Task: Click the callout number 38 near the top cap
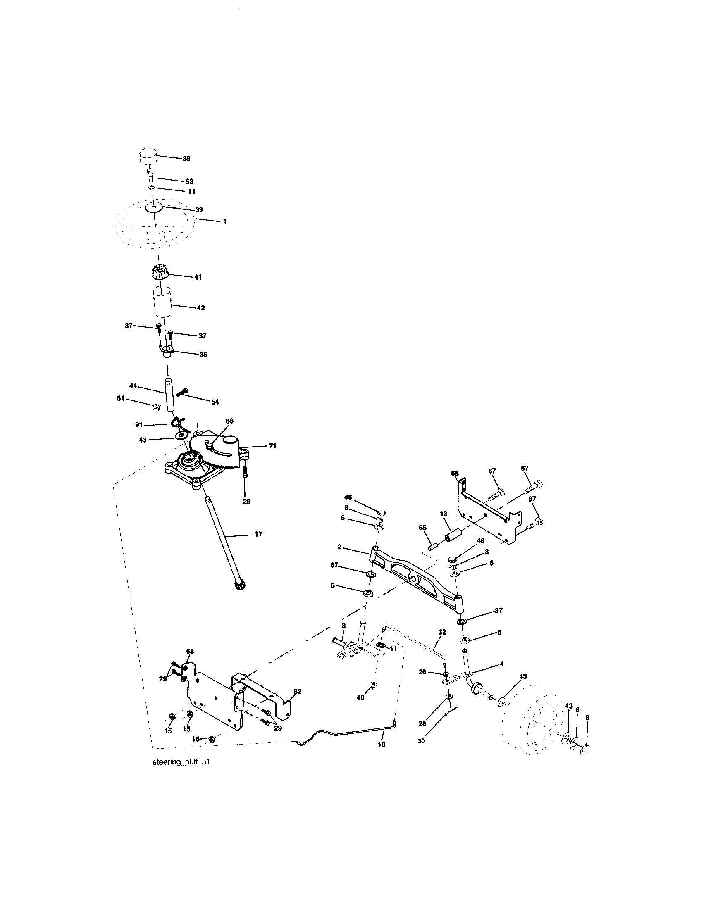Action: [x=186, y=159]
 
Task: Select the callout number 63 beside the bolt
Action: [x=189, y=181]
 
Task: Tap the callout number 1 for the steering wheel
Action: [x=225, y=221]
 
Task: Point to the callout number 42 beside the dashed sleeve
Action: [x=200, y=308]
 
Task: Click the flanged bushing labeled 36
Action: [x=166, y=349]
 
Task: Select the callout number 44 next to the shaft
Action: [x=133, y=386]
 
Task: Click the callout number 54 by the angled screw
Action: [x=215, y=402]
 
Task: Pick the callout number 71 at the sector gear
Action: [x=272, y=446]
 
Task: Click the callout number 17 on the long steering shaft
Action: [x=258, y=534]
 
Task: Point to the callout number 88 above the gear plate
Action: [x=229, y=421]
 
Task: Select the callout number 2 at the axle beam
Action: [x=340, y=547]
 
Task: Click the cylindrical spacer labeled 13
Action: [x=454, y=535]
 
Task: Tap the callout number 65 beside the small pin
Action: [x=423, y=527]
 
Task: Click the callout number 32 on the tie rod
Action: [x=442, y=643]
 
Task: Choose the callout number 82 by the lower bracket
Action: [x=297, y=691]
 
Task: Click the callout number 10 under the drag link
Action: [x=381, y=745]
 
